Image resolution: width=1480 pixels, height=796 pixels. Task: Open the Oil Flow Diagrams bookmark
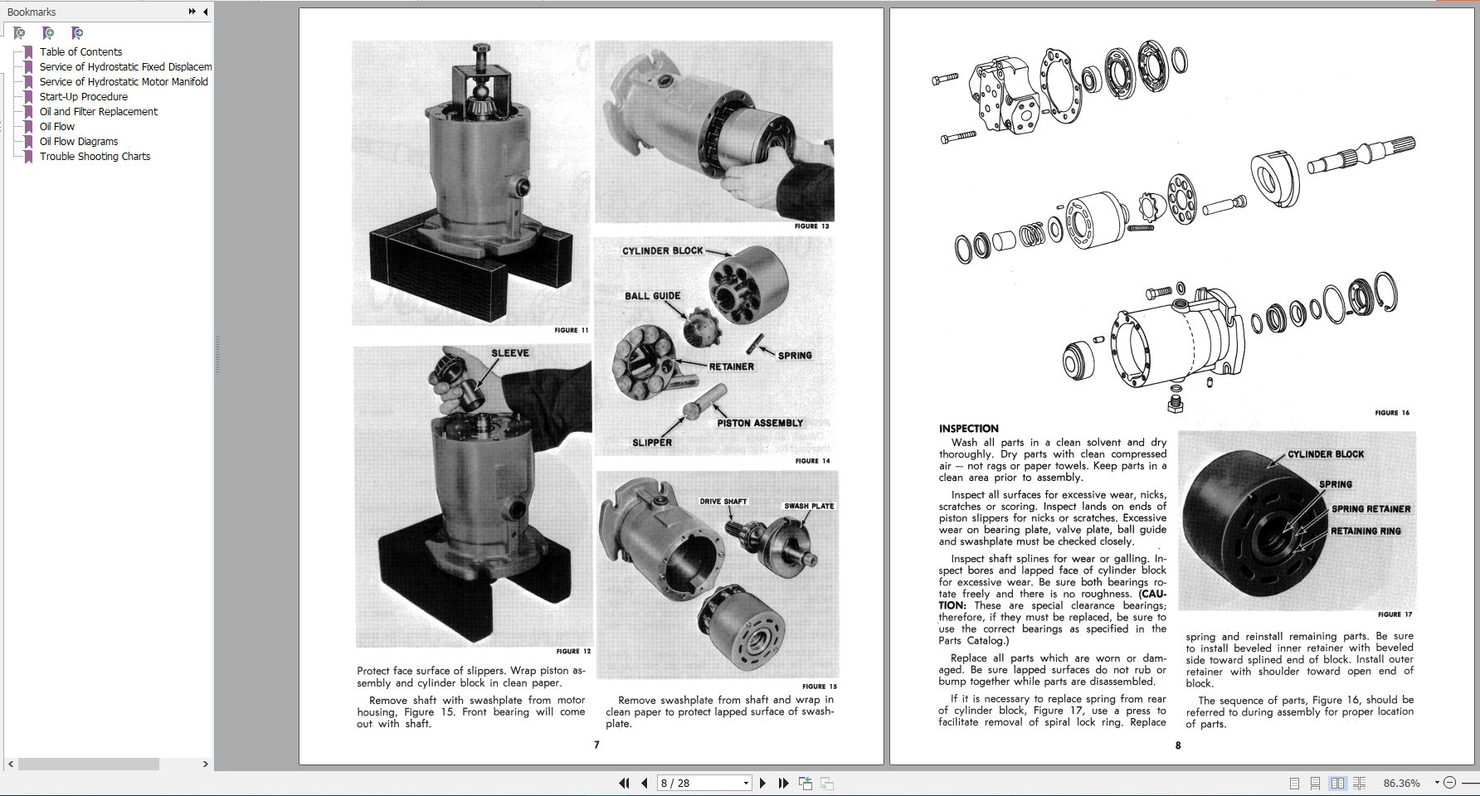point(79,141)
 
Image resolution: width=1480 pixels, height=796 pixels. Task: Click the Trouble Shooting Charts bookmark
point(95,156)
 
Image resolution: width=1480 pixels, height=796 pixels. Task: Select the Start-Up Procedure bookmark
point(83,96)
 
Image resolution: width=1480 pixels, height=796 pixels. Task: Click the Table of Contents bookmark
point(80,51)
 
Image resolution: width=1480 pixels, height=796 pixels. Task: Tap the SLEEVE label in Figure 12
point(509,353)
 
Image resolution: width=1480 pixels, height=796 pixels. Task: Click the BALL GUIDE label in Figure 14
point(652,296)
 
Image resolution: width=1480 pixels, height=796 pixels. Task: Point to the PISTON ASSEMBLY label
point(759,423)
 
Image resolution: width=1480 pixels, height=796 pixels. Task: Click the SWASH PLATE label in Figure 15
point(809,506)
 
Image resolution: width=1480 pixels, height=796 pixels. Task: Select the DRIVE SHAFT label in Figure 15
point(723,502)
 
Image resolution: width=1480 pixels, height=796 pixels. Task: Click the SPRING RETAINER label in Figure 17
point(1370,509)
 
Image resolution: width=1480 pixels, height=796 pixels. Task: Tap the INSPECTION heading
point(968,429)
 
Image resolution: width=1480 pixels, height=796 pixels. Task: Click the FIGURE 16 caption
point(1391,413)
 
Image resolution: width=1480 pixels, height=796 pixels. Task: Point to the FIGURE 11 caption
point(572,330)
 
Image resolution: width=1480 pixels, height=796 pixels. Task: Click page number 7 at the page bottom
point(596,745)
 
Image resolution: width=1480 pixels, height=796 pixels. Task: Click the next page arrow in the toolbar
point(763,783)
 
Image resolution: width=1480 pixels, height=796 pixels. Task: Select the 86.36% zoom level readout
point(1401,783)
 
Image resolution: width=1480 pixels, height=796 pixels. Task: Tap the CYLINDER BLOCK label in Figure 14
point(662,250)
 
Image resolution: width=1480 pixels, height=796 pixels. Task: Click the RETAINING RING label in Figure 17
point(1366,531)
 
